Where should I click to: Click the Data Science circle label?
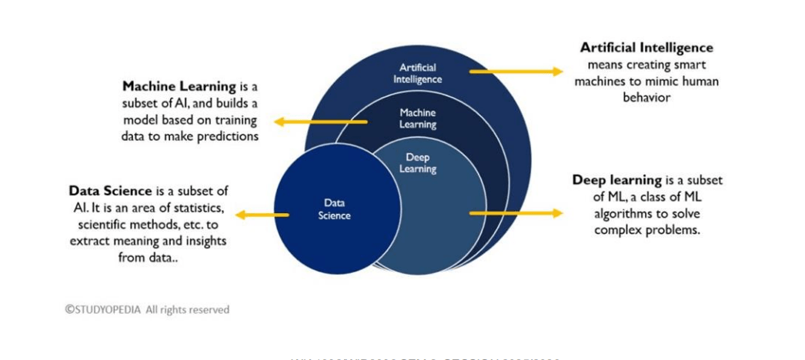point(334,209)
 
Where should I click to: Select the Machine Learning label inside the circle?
point(418,118)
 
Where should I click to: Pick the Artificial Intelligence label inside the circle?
point(418,73)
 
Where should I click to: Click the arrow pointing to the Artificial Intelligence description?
point(516,71)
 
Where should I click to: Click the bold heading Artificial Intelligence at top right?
point(646,48)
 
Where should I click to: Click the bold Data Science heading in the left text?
point(111,191)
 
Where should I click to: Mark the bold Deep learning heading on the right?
point(616,180)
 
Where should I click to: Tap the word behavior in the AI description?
point(647,98)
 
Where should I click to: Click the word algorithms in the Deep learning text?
point(623,213)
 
